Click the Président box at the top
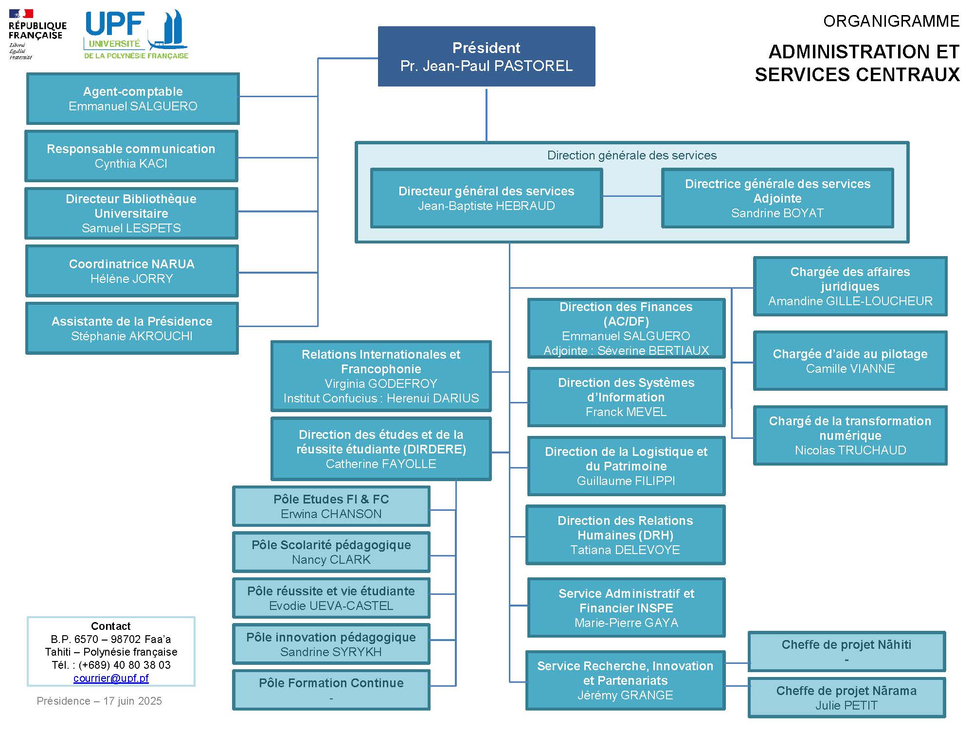coord(486,56)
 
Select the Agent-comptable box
coord(133,99)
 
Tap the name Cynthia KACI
coord(131,164)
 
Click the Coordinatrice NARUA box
coord(132,271)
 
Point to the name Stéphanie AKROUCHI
coord(132,336)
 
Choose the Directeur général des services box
coord(486,198)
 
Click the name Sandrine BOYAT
coord(777,213)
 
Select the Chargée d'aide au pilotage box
coord(850,361)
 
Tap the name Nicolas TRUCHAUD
coord(850,451)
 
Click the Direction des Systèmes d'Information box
coord(626,397)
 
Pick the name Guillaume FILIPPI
coord(626,481)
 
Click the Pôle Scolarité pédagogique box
coord(331,552)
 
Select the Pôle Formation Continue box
coord(331,690)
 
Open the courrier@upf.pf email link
coord(111,678)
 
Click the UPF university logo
coord(136,35)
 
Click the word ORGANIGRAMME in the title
coord(891,21)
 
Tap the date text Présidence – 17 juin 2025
coord(99,701)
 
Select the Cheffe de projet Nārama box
coord(847,697)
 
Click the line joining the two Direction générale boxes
coord(632,196)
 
